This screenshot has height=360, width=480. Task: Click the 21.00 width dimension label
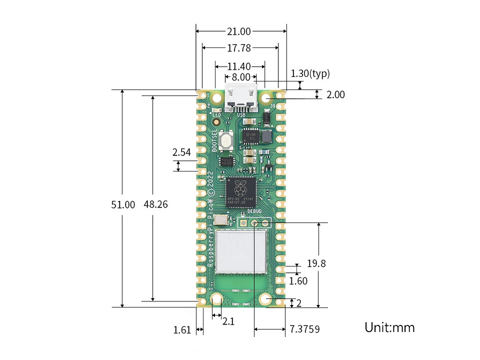(239, 31)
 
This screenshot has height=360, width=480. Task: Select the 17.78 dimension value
(239, 48)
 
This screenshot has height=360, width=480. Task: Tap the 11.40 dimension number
(240, 66)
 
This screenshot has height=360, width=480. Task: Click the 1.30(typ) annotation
(310, 74)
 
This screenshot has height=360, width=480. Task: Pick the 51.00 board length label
(123, 204)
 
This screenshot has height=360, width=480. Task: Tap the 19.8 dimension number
(316, 263)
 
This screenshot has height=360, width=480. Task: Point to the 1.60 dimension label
(298, 281)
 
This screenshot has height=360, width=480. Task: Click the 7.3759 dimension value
(304, 329)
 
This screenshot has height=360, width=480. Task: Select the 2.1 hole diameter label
(228, 322)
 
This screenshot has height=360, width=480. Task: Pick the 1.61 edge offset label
(182, 330)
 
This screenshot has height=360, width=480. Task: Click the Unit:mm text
(389, 328)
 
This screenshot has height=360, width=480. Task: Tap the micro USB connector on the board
(241, 99)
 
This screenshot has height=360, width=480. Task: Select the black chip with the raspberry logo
(240, 192)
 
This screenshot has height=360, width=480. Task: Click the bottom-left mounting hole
(217, 299)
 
